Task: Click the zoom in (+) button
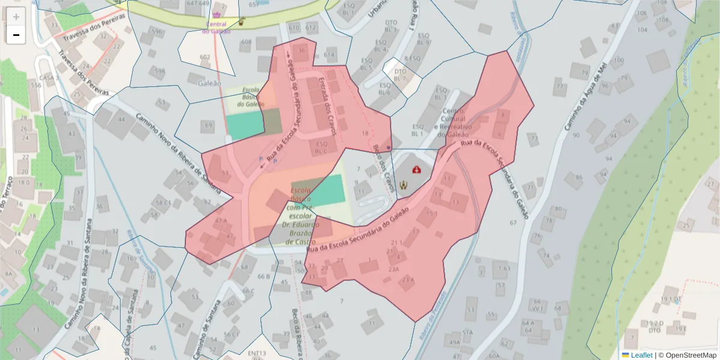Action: coord(16,17)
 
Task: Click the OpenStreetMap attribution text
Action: coord(690,355)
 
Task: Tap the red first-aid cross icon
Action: coord(416,170)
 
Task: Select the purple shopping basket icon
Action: coord(216,16)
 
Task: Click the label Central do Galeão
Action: coord(216,28)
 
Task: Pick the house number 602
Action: coord(205,58)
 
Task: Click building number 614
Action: coord(329,55)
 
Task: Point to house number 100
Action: coord(619,61)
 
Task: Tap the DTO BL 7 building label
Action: coord(401,75)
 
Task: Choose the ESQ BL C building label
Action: coord(322,148)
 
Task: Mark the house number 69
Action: coord(208,125)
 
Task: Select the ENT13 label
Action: coord(256,354)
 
